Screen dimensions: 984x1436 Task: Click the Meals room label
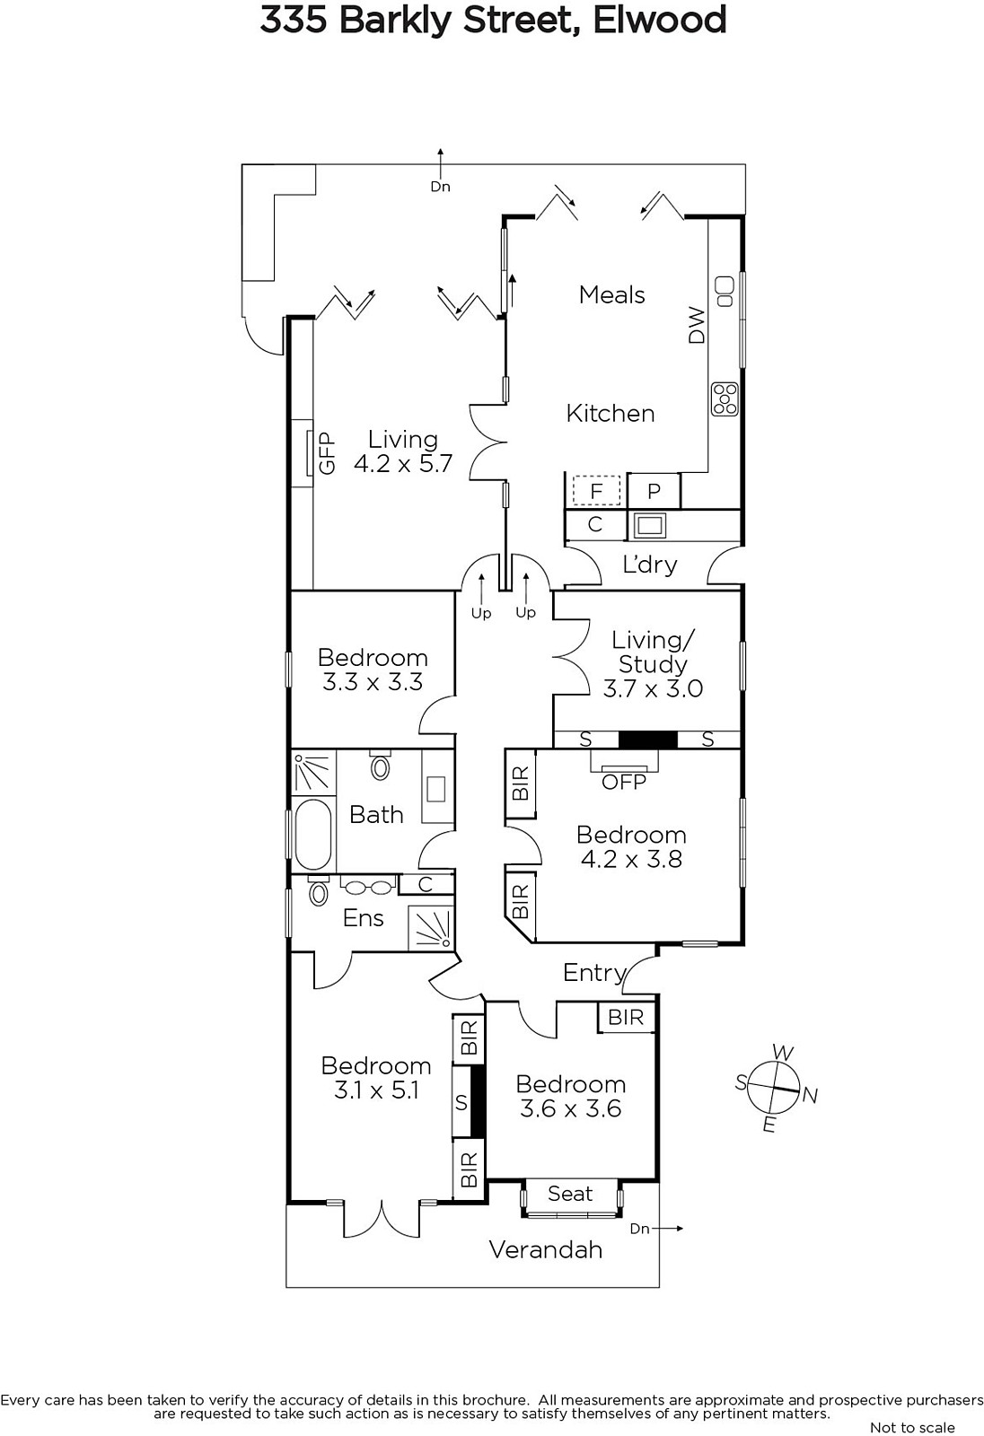pyautogui.click(x=611, y=295)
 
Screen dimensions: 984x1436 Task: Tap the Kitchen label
pyautogui.click(x=610, y=414)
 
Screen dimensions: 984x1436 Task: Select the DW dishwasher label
pyautogui.click(x=696, y=325)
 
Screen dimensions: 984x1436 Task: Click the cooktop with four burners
pyautogui.click(x=725, y=399)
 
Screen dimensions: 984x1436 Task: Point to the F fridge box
pyautogui.click(x=596, y=491)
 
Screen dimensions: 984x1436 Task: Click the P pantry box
pyautogui.click(x=654, y=491)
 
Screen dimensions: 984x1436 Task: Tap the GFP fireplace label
pyautogui.click(x=327, y=453)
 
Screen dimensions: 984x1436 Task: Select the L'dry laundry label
pyautogui.click(x=650, y=565)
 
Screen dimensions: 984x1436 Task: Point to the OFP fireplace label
pyautogui.click(x=623, y=782)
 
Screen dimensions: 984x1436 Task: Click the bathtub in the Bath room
pyautogui.click(x=313, y=834)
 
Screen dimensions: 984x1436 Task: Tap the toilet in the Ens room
pyautogui.click(x=318, y=890)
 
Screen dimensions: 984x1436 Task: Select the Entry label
pyautogui.click(x=594, y=973)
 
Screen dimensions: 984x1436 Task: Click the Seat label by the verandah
pyautogui.click(x=570, y=1194)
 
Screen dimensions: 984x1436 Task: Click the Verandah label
pyautogui.click(x=545, y=1249)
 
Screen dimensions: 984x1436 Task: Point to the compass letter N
pyautogui.click(x=810, y=1096)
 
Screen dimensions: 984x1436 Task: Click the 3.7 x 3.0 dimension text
pyautogui.click(x=653, y=688)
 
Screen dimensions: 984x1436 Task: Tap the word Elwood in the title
pyautogui.click(x=659, y=20)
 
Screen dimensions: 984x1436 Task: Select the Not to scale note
pyautogui.click(x=912, y=1427)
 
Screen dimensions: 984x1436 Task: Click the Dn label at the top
pyautogui.click(x=440, y=187)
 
